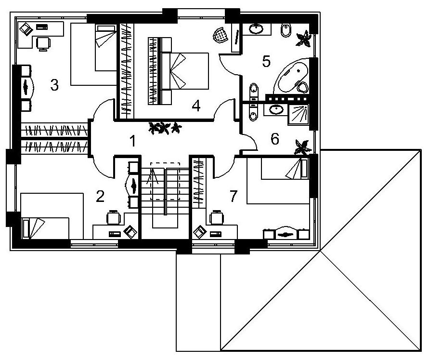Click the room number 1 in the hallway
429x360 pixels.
pos(133,141)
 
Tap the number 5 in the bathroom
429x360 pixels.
pos(266,61)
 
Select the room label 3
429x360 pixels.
pos(54,85)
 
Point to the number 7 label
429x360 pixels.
pos(233,196)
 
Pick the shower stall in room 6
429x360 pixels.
pos(299,115)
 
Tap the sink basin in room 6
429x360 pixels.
pos(276,110)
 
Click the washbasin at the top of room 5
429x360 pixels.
pos(256,29)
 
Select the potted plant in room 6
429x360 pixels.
pos(302,147)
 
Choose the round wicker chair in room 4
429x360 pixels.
pos(221,35)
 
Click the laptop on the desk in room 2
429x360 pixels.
pos(130,232)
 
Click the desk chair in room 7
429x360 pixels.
pos(217,217)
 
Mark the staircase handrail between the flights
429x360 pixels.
pos(165,191)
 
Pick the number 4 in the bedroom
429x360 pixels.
pos(196,106)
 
